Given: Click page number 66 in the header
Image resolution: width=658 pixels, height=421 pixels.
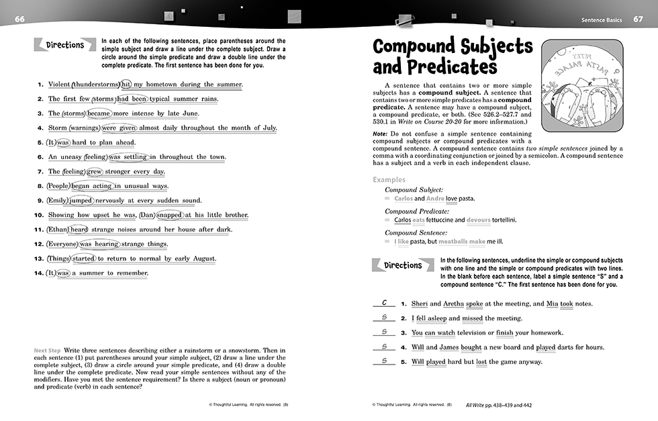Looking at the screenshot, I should tap(19, 19).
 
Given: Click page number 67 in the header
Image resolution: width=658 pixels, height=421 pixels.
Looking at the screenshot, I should tap(638, 19).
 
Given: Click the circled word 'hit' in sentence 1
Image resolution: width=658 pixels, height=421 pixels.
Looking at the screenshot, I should tap(126, 84).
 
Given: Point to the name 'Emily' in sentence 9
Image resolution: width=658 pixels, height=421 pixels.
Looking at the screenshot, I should tap(58, 200).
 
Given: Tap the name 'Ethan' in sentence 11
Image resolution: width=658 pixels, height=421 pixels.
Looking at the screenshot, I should tap(58, 229).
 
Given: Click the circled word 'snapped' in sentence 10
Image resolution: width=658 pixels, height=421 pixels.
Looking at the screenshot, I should tap(170, 215).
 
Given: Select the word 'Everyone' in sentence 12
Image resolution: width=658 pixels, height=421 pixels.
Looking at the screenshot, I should tap(62, 244).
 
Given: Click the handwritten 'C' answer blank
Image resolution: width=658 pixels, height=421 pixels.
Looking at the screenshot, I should tap(383, 303).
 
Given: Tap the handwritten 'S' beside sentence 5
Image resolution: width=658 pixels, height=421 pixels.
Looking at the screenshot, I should tap(383, 361).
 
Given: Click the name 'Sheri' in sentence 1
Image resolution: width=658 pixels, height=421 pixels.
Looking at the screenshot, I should tap(419, 303).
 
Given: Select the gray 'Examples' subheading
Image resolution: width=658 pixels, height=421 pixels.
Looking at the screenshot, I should tap(389, 180).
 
